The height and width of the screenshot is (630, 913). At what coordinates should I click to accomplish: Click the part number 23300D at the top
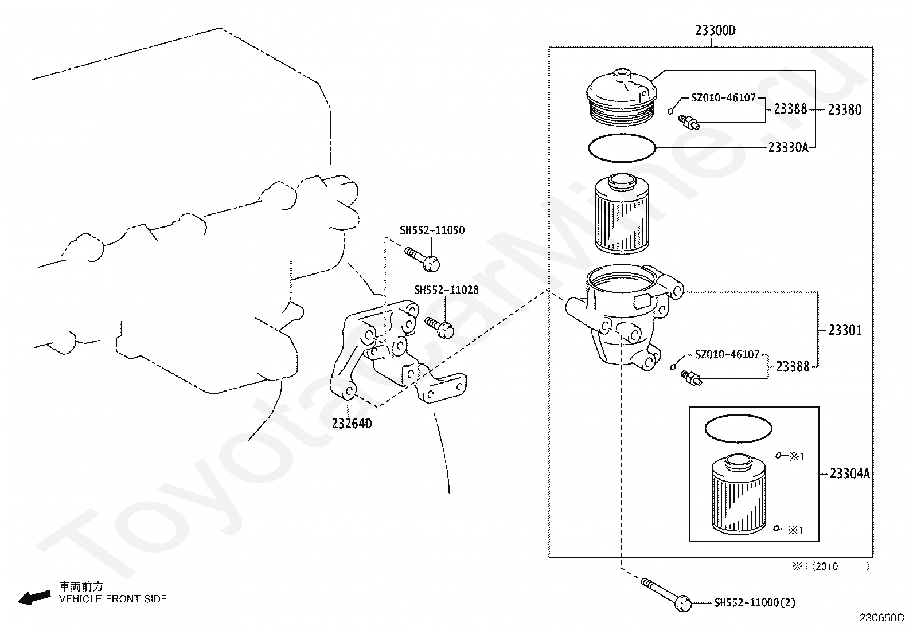715,30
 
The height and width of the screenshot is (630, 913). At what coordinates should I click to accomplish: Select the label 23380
844,109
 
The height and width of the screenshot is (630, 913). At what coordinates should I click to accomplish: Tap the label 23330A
788,148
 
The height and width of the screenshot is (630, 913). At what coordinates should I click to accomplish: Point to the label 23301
845,330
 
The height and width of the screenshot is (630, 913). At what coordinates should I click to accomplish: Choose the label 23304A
849,474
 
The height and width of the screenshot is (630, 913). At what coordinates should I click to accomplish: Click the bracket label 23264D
352,424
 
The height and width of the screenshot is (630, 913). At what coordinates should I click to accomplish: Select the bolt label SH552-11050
432,230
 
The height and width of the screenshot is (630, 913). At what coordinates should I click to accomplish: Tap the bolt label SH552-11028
446,291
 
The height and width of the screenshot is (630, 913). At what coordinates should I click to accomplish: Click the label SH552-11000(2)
755,602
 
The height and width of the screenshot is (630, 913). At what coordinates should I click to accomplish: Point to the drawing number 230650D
881,618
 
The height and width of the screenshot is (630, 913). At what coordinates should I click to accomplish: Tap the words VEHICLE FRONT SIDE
113,599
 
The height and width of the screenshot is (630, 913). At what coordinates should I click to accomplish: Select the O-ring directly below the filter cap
622,148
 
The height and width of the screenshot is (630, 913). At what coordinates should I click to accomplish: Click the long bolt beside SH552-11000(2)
666,592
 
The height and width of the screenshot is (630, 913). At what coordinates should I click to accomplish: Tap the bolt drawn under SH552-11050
423,259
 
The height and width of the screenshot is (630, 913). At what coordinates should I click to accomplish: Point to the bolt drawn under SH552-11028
440,327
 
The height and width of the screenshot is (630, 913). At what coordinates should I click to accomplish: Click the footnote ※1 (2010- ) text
830,566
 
